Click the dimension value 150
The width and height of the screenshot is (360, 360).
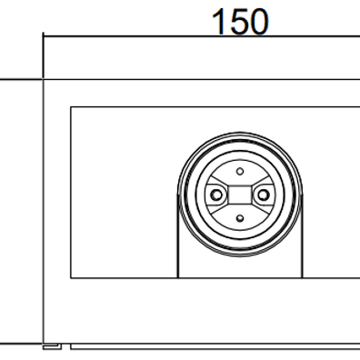click(x=240, y=21)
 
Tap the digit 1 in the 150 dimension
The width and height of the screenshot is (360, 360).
click(x=219, y=21)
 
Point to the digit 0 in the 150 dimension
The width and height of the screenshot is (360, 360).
click(x=258, y=22)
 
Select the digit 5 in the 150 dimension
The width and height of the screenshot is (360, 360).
click(x=239, y=22)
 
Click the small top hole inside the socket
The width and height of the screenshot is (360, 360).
click(x=240, y=172)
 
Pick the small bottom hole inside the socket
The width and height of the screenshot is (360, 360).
click(x=240, y=218)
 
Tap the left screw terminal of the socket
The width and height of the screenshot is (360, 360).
click(x=216, y=195)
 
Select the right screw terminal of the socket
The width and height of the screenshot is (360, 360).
click(x=264, y=195)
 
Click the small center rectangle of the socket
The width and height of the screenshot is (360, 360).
click(x=240, y=195)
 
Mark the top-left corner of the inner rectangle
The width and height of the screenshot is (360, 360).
click(x=71, y=106)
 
